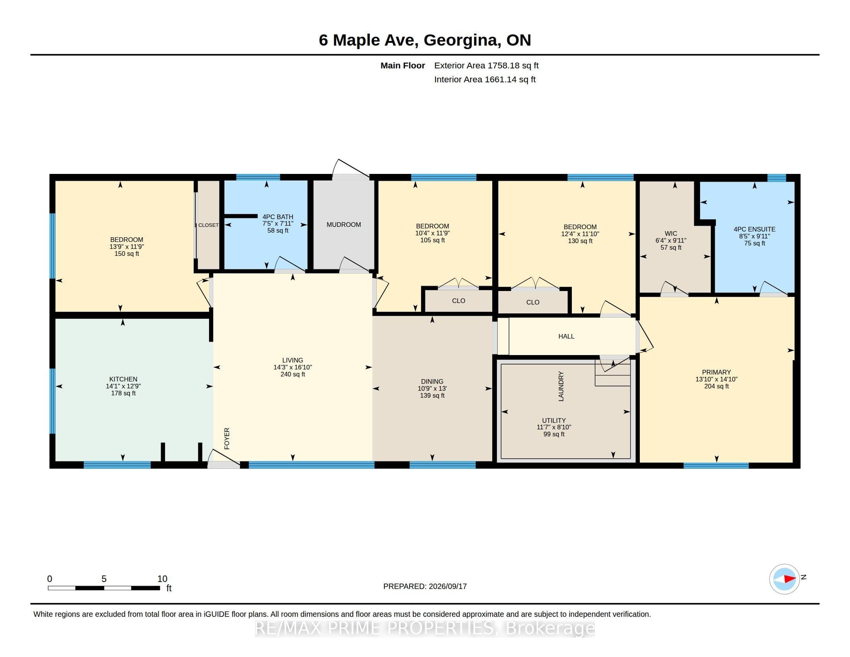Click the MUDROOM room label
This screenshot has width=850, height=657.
click(343, 225)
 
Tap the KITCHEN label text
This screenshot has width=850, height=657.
click(123, 379)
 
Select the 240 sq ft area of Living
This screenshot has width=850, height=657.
click(293, 374)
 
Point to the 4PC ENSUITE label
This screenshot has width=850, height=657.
click(754, 229)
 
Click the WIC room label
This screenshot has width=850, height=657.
click(671, 233)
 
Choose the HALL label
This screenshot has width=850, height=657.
click(566, 336)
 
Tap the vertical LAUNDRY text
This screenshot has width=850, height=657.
click(561, 386)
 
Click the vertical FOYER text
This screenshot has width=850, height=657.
click(227, 439)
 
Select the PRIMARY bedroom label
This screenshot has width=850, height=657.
click(716, 372)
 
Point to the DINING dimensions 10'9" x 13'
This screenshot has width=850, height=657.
click(432, 388)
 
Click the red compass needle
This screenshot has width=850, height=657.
click(790, 579)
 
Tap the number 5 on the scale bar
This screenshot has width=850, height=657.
click(104, 579)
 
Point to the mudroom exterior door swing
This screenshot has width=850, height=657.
click(350, 169)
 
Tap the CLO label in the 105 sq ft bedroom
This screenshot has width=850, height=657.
click(459, 301)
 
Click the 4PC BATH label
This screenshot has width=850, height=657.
click(278, 217)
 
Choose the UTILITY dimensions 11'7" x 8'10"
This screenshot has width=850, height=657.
click(554, 427)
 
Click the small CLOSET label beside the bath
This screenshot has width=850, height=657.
click(208, 225)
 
